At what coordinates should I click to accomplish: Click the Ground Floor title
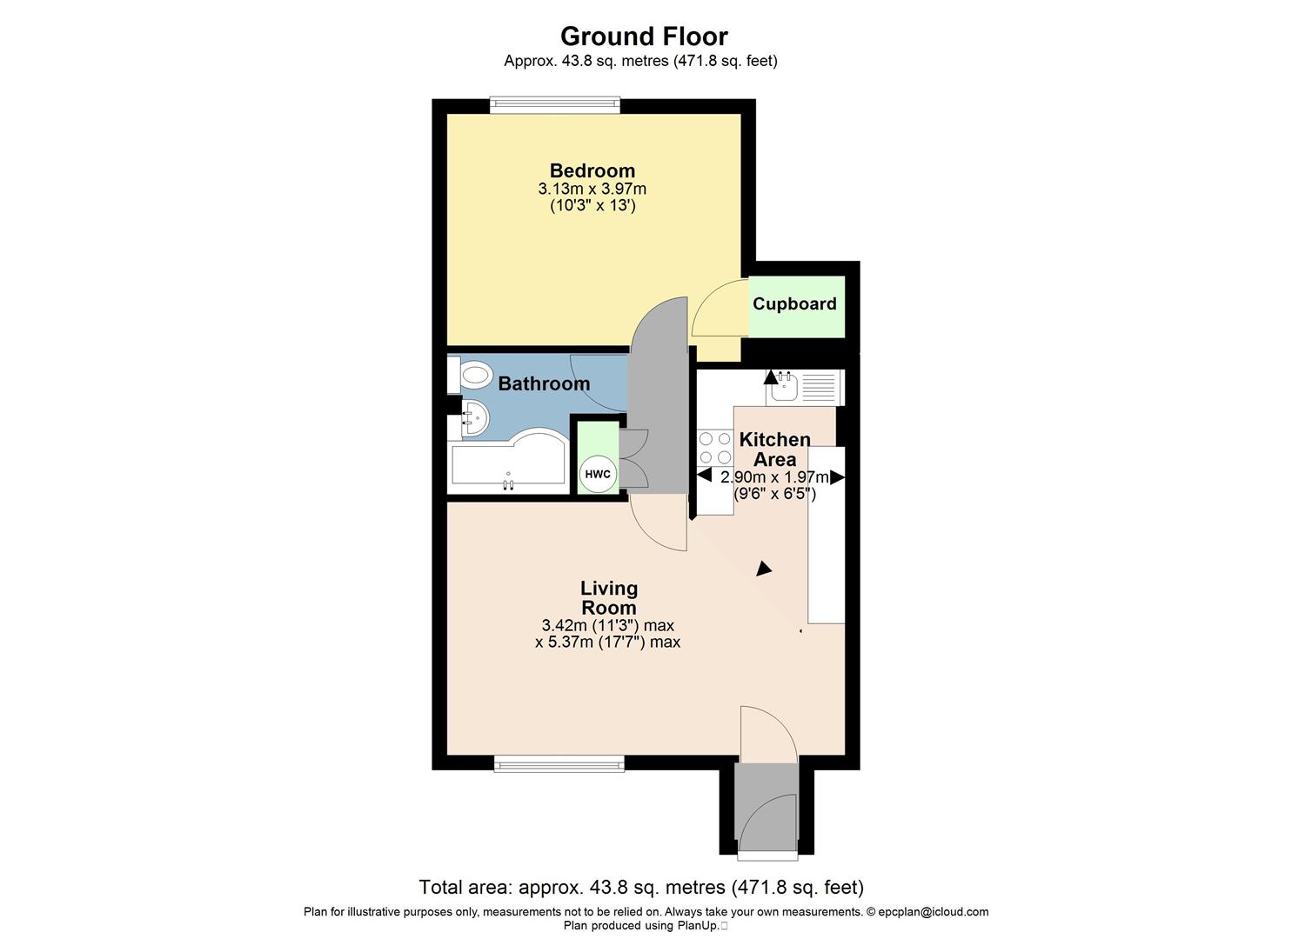(x=644, y=37)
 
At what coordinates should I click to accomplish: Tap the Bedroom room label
(x=592, y=170)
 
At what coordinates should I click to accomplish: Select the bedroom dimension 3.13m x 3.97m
(x=592, y=189)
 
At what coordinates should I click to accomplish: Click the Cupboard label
(x=794, y=303)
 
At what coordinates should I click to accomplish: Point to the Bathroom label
(x=544, y=383)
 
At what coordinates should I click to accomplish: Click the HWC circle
(x=598, y=474)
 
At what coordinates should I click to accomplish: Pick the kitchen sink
(x=782, y=386)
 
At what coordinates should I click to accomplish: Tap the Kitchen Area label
(x=774, y=450)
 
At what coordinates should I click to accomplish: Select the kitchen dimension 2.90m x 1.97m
(x=774, y=476)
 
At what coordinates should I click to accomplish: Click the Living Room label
(x=609, y=598)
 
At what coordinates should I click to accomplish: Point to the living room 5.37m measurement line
(x=607, y=643)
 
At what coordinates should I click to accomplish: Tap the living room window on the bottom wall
(x=559, y=763)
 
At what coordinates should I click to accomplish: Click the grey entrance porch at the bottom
(x=766, y=809)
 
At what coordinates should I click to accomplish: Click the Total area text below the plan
(x=641, y=888)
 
